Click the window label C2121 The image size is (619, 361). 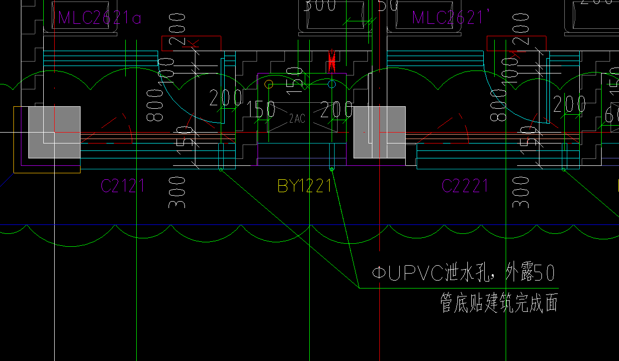123,186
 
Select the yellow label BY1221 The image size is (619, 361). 304,186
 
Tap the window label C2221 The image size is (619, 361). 465,186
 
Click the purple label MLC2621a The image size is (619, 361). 99,18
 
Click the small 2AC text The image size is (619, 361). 297,119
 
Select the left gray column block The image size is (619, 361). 54,132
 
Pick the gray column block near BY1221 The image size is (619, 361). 379,132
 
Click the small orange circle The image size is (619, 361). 269,84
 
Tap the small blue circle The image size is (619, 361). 332,84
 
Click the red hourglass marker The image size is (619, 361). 332,62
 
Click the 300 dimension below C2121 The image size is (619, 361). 177,192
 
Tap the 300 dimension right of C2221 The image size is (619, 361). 520,192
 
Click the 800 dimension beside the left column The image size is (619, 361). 156,105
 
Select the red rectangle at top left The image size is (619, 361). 191,43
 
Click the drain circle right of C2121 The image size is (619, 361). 221,170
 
